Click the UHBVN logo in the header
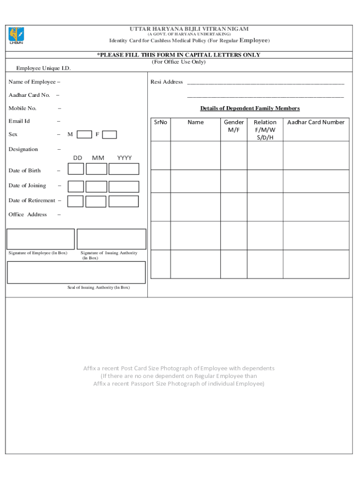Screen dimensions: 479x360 [x=16, y=36]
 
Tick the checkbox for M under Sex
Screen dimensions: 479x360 [x=84, y=135]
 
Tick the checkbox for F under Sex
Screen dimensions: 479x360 [x=109, y=135]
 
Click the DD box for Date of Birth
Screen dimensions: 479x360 [x=76, y=169]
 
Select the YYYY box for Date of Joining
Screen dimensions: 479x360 [x=124, y=187]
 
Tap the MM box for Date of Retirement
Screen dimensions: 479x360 [x=96, y=202]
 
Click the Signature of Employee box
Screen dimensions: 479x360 [x=40, y=239]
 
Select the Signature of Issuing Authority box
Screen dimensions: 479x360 [x=111, y=239]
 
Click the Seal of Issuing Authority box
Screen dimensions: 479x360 [x=76, y=272]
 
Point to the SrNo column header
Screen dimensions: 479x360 [x=160, y=123]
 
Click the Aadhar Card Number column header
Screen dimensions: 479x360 [x=316, y=123]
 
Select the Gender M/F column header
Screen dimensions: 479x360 [x=234, y=126]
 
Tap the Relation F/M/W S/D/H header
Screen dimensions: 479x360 [x=265, y=130]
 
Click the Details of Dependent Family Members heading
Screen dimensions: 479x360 [x=250, y=109]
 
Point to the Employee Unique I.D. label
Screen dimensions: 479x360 [x=43, y=69]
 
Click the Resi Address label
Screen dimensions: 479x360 [x=166, y=82]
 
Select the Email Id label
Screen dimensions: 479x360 [x=19, y=121]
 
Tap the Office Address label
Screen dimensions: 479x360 [x=28, y=215]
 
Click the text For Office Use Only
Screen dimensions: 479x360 [x=179, y=62]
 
